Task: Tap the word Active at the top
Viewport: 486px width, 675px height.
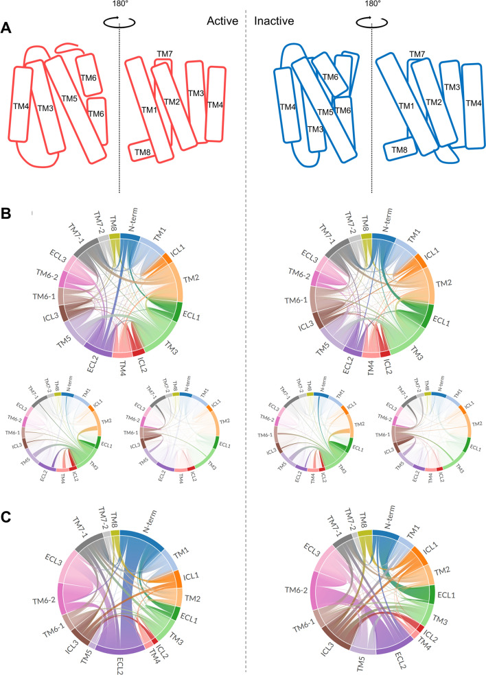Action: (x=222, y=21)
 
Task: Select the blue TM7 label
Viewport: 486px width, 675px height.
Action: (x=417, y=54)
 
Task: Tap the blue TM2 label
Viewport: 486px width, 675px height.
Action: (x=432, y=102)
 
